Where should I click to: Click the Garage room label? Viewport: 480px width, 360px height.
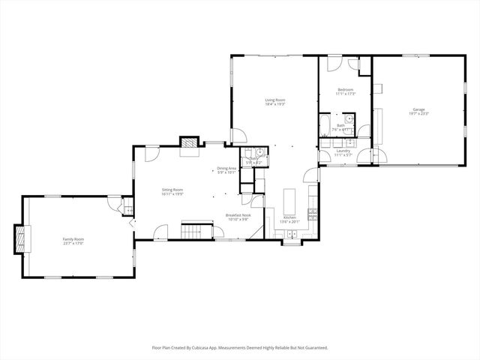pos(418,109)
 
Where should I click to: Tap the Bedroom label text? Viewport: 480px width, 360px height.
pos(345,90)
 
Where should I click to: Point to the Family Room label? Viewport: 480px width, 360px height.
pos(73,238)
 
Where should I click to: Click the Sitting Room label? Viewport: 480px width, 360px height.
pos(172,190)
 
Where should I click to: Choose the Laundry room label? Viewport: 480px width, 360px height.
pos(343,151)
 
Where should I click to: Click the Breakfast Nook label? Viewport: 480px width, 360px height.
pos(238,215)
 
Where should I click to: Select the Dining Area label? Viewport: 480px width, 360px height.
pos(226,168)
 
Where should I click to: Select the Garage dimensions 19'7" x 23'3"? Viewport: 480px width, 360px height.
pos(418,114)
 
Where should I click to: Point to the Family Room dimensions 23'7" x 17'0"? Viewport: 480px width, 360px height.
pos(73,243)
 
